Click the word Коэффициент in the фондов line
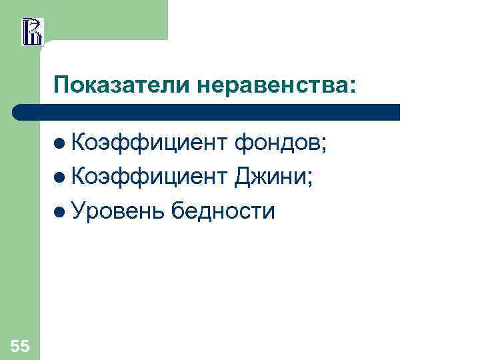coord(149,142)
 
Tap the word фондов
coord(276,142)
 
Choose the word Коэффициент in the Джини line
coord(149,177)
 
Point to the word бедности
coord(223,211)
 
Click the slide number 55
coord(20,345)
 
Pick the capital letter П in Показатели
coord(62,85)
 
